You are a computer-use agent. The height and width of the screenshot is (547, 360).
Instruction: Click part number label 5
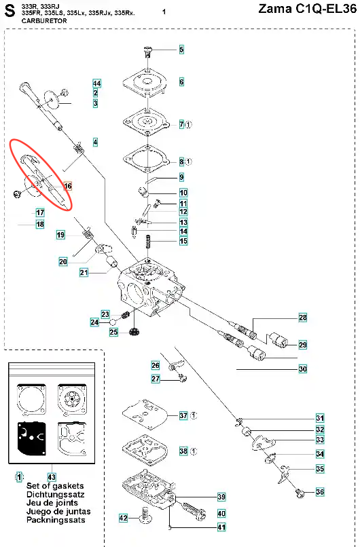click(181, 50)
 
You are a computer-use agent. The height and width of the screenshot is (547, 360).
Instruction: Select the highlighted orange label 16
click(68, 186)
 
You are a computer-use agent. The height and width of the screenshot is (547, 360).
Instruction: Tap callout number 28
click(303, 318)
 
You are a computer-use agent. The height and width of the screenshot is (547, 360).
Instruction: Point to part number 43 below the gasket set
click(52, 476)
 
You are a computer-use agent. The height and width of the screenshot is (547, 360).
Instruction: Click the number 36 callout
click(320, 492)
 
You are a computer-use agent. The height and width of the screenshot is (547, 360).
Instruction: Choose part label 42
click(123, 518)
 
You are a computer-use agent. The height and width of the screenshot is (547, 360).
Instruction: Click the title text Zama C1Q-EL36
click(307, 9)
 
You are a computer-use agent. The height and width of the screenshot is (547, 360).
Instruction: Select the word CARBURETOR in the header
click(44, 20)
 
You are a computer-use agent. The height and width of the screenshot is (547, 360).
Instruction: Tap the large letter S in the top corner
click(10, 11)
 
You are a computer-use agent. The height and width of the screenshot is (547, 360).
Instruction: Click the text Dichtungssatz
click(56, 494)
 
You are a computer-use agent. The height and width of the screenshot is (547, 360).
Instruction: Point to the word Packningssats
click(56, 520)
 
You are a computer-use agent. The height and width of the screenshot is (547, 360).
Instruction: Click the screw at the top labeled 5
click(148, 52)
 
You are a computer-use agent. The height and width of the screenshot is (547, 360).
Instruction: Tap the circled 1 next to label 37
click(194, 415)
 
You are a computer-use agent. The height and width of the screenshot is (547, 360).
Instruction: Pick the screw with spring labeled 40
click(193, 510)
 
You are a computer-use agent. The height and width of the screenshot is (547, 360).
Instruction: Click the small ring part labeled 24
click(113, 322)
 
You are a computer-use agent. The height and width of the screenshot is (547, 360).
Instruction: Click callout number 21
click(84, 272)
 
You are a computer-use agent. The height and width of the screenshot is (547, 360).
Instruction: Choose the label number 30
click(303, 369)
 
